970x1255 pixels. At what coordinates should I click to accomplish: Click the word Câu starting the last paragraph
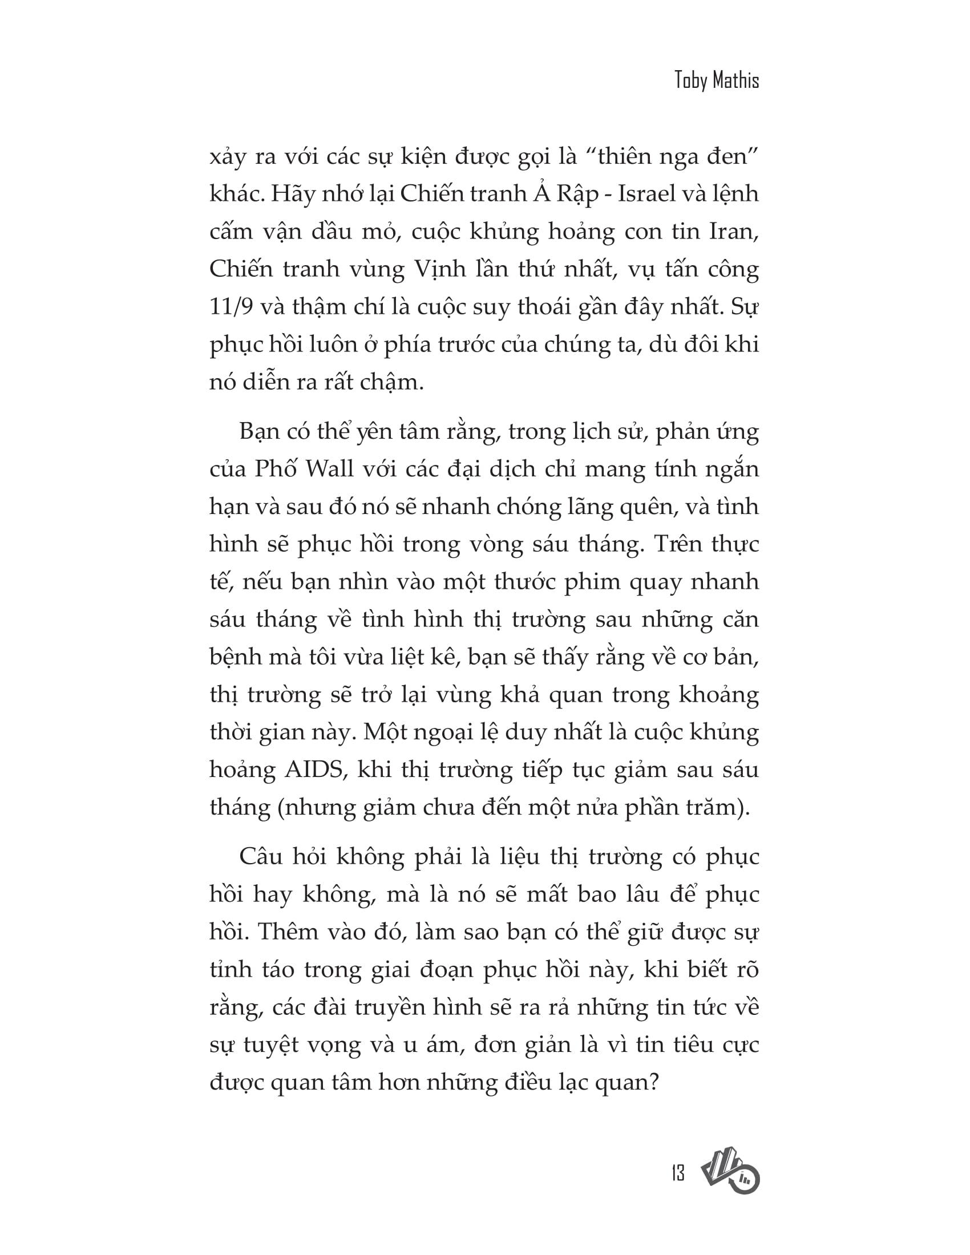(x=259, y=857)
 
